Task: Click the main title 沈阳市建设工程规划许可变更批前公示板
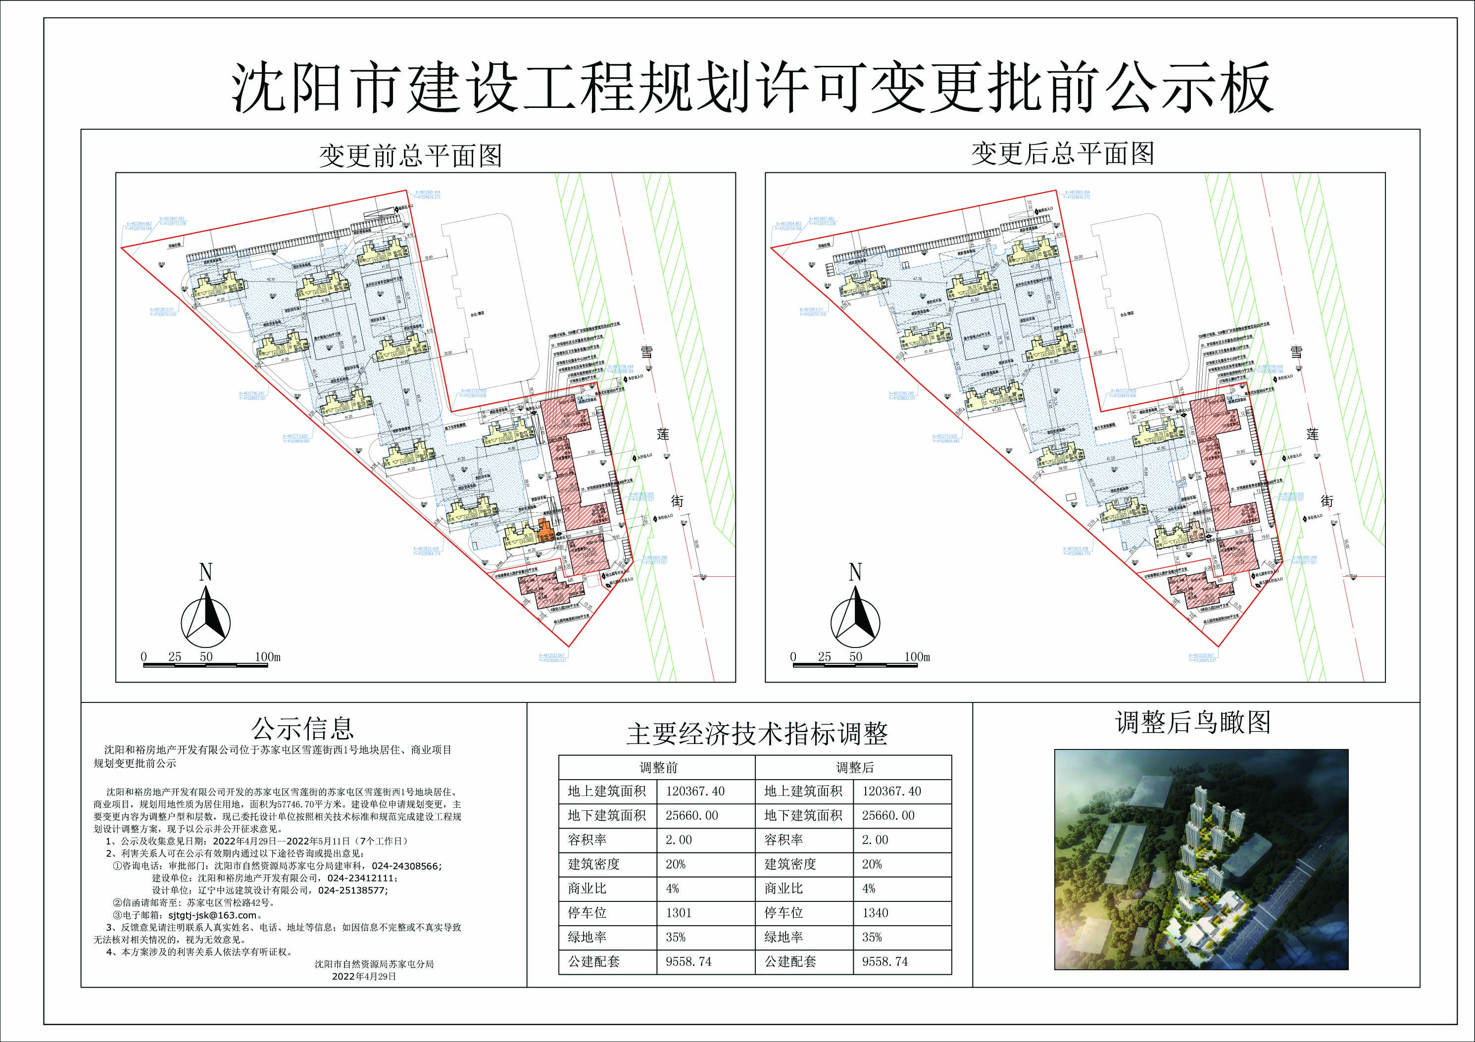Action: [752, 88]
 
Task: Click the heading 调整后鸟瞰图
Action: [1193, 723]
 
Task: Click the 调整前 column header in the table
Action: [658, 767]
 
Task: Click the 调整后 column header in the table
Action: [854, 767]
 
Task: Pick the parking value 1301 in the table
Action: [679, 913]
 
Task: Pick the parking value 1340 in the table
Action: [875, 913]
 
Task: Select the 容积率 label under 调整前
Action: [587, 840]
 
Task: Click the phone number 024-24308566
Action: [407, 866]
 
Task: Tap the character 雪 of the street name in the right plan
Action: [1296, 351]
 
